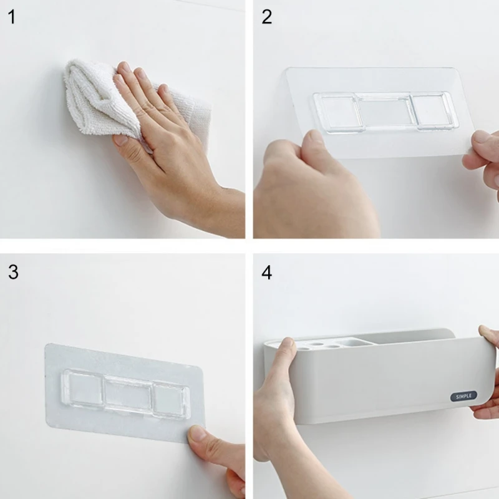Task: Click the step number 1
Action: pyautogui.click(x=12, y=17)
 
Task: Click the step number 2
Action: pyautogui.click(x=267, y=17)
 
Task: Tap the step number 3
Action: pyautogui.click(x=13, y=272)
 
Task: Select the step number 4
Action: pyautogui.click(x=267, y=273)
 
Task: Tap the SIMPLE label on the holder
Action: pyautogui.click(x=463, y=396)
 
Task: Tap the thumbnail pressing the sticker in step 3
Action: pyautogui.click(x=198, y=434)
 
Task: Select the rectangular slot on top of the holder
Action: pyautogui.click(x=355, y=342)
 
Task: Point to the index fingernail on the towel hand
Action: pyautogui.click(x=123, y=67)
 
